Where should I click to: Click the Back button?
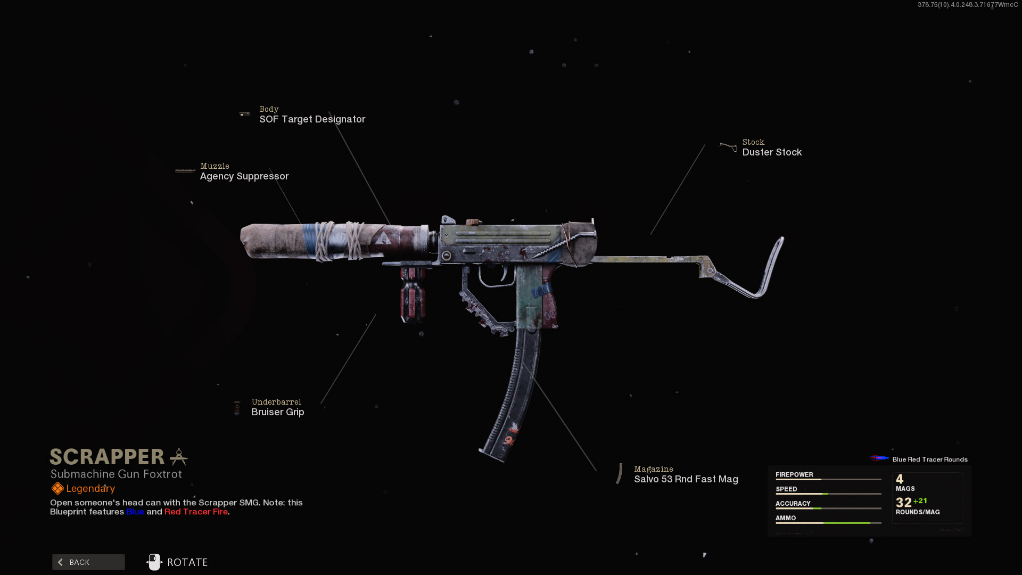(88, 562)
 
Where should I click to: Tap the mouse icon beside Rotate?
(154, 562)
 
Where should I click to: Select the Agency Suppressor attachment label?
(244, 176)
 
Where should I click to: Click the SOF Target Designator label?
(312, 119)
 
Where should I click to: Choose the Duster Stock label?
(772, 152)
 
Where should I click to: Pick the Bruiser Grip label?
(277, 412)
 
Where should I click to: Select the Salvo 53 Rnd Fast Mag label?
(686, 479)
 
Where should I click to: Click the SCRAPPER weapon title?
(107, 457)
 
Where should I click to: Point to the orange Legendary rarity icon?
(57, 488)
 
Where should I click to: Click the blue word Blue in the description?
(135, 512)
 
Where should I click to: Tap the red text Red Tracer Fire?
(196, 512)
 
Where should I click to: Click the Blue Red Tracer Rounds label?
(929, 459)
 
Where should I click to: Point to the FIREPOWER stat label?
(794, 474)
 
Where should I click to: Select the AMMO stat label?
(786, 517)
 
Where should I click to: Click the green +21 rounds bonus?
(920, 501)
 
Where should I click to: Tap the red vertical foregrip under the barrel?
(413, 295)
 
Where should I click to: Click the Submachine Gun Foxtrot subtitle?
(116, 474)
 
